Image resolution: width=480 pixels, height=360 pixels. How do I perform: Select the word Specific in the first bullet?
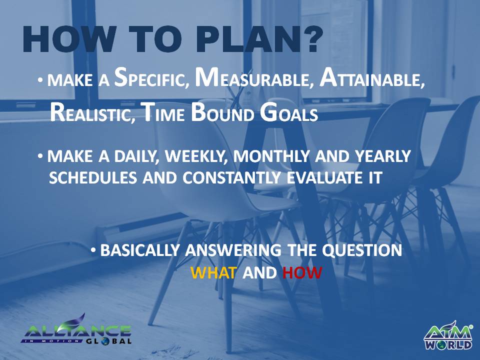[x=151, y=78]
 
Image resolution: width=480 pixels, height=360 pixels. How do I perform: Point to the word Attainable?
[x=372, y=78]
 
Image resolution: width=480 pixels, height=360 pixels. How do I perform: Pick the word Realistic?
[x=92, y=113]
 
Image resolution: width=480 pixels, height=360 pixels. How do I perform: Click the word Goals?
[x=288, y=113]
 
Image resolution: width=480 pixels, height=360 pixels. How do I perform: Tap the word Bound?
[x=222, y=113]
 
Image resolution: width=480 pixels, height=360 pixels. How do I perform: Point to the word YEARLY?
[x=382, y=156]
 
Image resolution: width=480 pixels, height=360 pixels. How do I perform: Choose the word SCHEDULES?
[x=93, y=177]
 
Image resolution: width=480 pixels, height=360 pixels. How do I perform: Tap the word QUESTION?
[x=362, y=250]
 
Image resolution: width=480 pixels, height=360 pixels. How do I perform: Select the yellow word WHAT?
[x=213, y=272]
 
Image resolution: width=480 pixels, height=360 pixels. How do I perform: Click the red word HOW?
[x=302, y=272]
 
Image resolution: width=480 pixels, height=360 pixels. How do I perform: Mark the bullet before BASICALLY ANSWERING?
[x=93, y=250]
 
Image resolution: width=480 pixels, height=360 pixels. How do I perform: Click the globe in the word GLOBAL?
[x=105, y=340]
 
